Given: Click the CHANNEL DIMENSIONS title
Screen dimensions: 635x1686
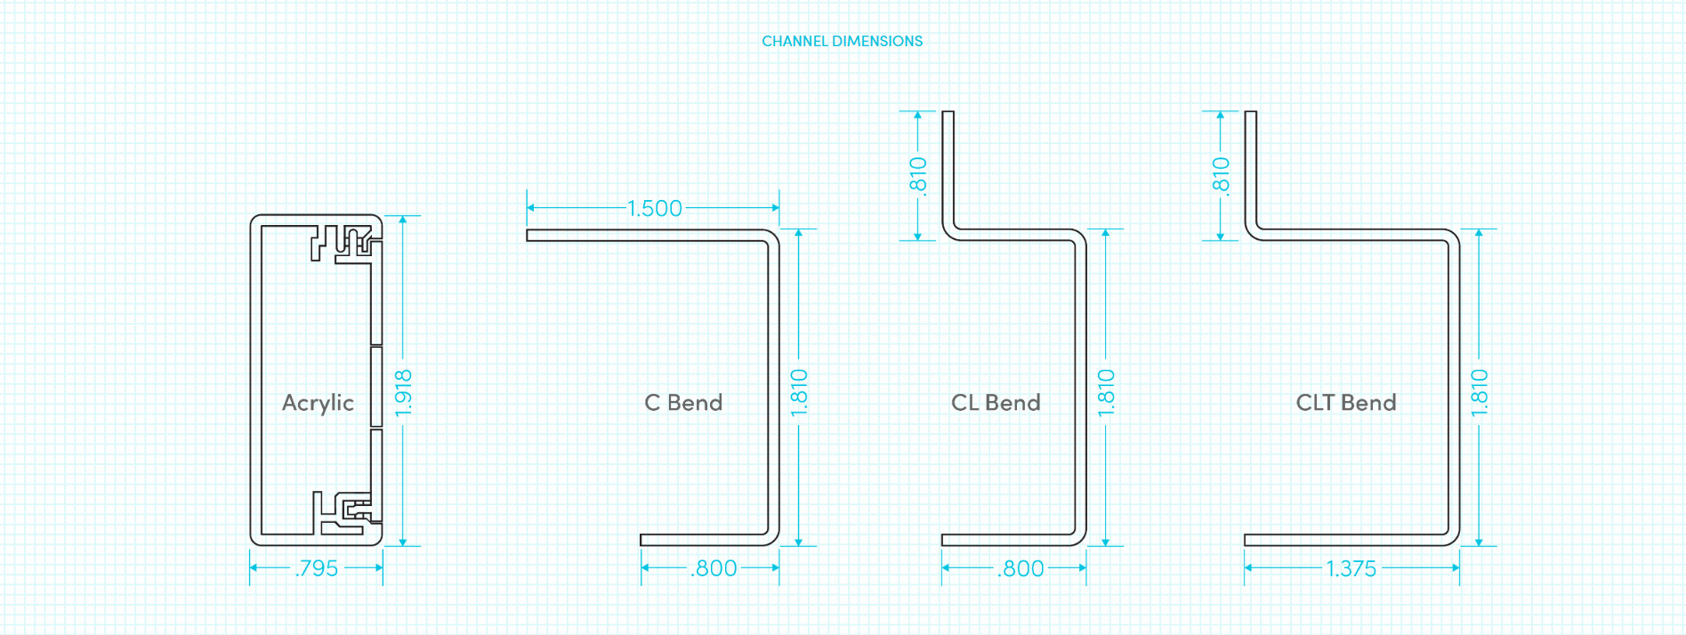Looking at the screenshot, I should coord(842,41).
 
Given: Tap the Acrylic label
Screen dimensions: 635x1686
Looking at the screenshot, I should coord(318,403).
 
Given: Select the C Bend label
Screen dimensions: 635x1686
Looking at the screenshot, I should coord(683,403).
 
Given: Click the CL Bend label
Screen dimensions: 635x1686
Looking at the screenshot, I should coord(996,403).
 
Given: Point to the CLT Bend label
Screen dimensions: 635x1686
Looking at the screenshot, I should coord(1345,403).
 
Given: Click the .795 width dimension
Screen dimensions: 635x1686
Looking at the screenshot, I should coord(317,568).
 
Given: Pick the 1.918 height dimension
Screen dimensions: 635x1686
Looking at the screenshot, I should coord(403,392).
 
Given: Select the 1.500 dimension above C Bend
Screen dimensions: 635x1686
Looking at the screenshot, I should coord(654,208).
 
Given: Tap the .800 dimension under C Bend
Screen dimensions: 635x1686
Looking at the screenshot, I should coord(714,568).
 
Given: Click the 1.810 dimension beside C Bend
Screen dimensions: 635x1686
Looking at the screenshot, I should coord(799,392).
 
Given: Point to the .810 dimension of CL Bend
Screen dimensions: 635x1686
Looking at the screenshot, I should coord(917,175).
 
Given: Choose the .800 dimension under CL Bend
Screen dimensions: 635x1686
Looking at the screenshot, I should coord(1020,568).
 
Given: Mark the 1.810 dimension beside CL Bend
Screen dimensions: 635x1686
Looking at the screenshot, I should coord(1105,392).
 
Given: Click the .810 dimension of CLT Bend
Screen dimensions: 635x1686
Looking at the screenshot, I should coord(1220,175).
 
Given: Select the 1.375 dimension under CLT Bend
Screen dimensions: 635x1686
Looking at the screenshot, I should coord(1351,568).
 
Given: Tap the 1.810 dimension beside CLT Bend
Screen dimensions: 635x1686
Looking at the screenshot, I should coord(1479,392).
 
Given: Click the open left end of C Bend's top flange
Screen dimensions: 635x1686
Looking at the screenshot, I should coord(528,236).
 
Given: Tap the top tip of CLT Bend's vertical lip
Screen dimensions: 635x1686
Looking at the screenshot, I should coord(1250,113).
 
